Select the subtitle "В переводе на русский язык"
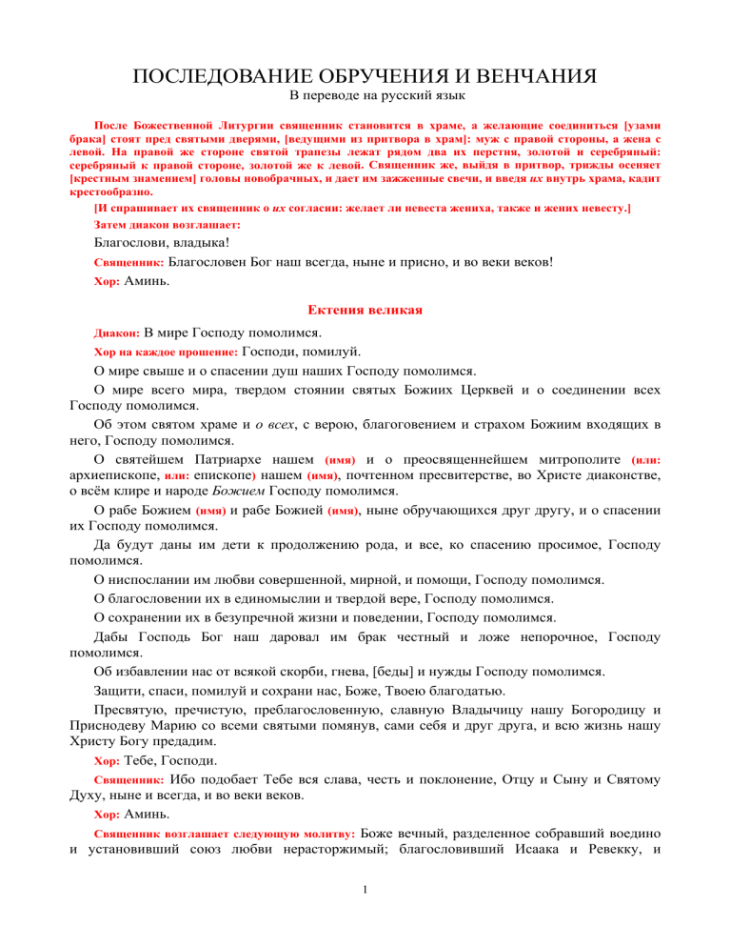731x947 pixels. click(365, 97)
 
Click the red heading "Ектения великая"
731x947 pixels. click(365, 310)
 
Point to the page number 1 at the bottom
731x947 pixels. click(365, 917)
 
